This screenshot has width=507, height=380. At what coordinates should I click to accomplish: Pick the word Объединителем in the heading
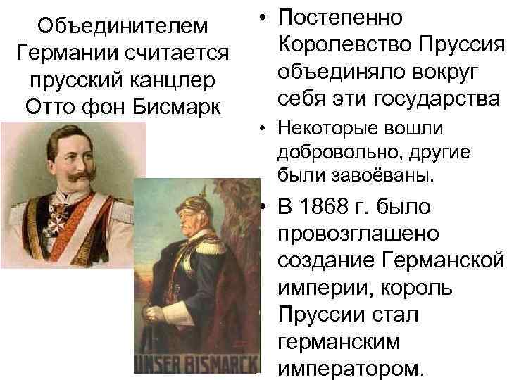[124, 25]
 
